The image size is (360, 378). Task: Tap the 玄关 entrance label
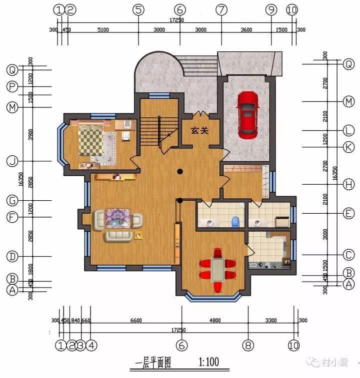coord(199,130)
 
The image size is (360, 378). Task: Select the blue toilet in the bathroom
coord(235,220)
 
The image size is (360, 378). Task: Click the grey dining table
coord(217,270)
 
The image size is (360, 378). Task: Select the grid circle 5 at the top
coord(138,9)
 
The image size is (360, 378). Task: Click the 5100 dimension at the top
coord(102,29)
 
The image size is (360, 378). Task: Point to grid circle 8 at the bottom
coord(248,345)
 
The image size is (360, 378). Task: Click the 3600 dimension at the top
coord(246,29)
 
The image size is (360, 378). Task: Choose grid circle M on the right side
coord(348,102)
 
